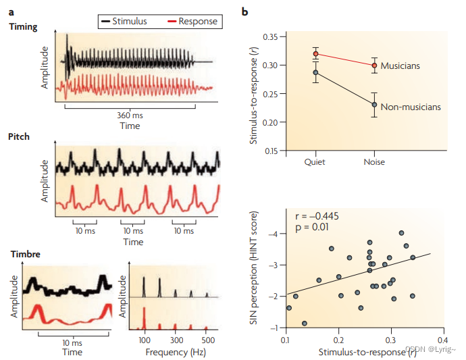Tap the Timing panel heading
pyautogui.click(x=23, y=27)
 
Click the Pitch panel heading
pyautogui.click(x=19, y=136)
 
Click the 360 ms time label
pyautogui.click(x=130, y=115)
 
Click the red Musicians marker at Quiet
pyautogui.click(x=315, y=54)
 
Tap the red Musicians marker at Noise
pyautogui.click(x=374, y=66)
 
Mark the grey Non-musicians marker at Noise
pyautogui.click(x=374, y=104)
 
